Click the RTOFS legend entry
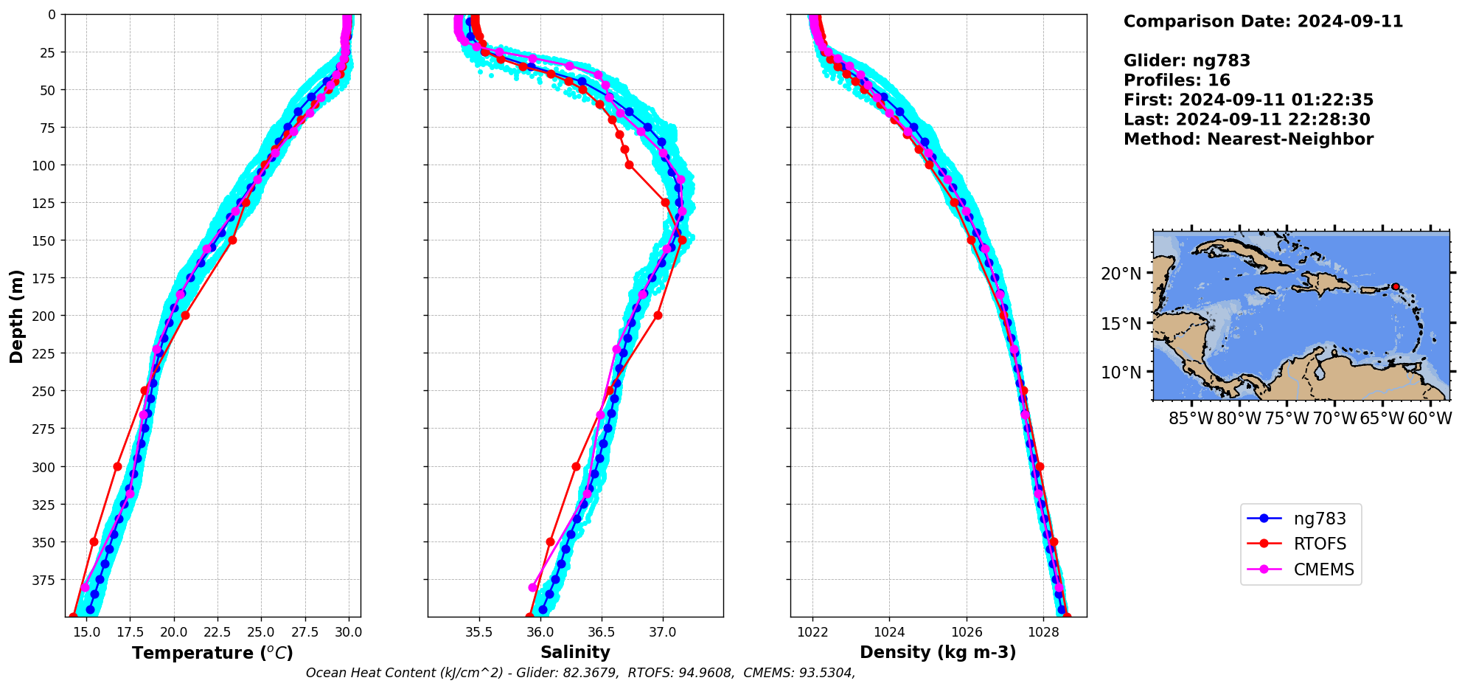(x=1319, y=544)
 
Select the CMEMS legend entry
(x=1323, y=570)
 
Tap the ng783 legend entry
(x=1319, y=519)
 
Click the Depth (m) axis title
(x=17, y=316)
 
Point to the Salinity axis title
(x=575, y=653)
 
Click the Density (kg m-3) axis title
(x=938, y=653)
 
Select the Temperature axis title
(x=212, y=654)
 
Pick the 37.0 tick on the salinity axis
(x=662, y=632)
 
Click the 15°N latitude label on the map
(x=1121, y=324)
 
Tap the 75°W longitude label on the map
(x=1287, y=419)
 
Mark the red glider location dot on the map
(x=1395, y=286)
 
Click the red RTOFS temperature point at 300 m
(x=117, y=466)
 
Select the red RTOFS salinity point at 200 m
(x=658, y=315)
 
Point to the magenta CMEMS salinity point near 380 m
(x=532, y=588)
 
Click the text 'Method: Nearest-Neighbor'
(x=1248, y=139)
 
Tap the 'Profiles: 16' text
(x=1177, y=80)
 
